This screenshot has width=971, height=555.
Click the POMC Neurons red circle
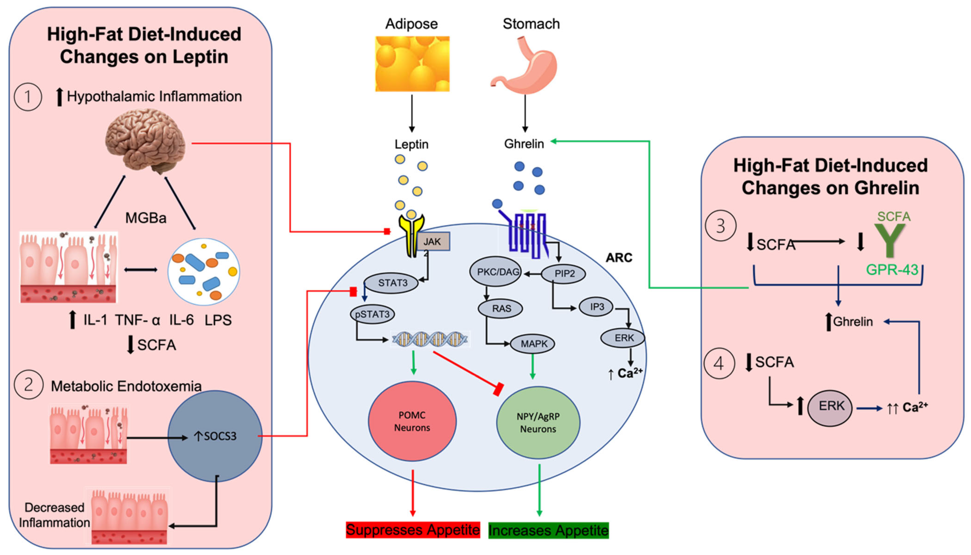tap(412, 421)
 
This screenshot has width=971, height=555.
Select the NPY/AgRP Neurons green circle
tap(538, 422)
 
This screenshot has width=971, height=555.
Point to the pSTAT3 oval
tap(372, 314)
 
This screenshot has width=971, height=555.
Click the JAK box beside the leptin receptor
tap(433, 241)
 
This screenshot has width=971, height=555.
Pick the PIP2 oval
tap(564, 273)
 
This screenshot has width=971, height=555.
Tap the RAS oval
tap(501, 308)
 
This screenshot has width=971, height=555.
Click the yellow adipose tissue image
tap(412, 64)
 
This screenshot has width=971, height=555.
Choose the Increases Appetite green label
tap(548, 530)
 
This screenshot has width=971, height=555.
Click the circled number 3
tap(720, 226)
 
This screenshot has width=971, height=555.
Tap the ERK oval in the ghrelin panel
tap(830, 406)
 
